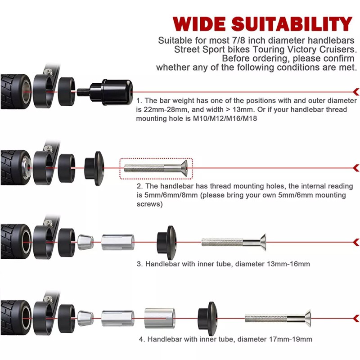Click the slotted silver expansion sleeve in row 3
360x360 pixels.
117,243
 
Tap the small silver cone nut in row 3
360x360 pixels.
85,242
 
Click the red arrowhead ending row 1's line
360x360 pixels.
356,92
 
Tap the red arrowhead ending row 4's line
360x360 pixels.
356,318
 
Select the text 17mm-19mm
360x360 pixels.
289,339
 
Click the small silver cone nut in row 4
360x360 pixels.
85,317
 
